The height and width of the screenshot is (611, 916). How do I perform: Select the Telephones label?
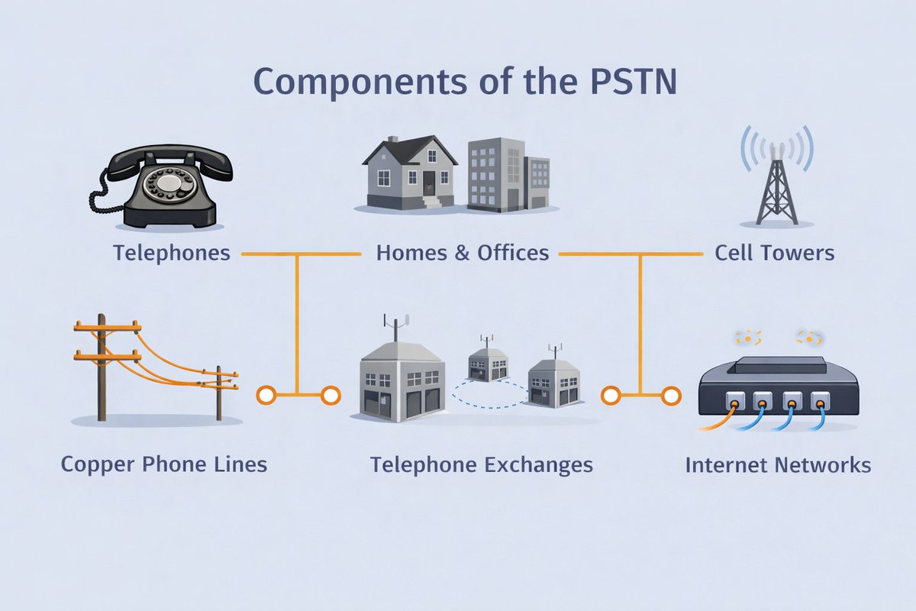click(172, 253)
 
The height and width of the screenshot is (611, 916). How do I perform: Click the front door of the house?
click(429, 183)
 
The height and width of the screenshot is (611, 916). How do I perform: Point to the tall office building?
click(495, 174)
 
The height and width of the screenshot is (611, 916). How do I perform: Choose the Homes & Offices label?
click(463, 253)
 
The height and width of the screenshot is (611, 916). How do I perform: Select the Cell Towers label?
click(774, 253)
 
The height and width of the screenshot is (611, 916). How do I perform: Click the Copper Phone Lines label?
click(164, 464)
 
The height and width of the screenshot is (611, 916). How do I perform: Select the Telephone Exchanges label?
click(481, 464)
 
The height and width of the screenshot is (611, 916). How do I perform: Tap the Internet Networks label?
click(778, 464)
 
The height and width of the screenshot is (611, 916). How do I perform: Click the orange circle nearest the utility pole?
click(266, 395)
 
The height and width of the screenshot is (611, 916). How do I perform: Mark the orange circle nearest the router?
click(672, 395)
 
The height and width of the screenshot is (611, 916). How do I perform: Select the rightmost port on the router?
click(820, 399)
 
